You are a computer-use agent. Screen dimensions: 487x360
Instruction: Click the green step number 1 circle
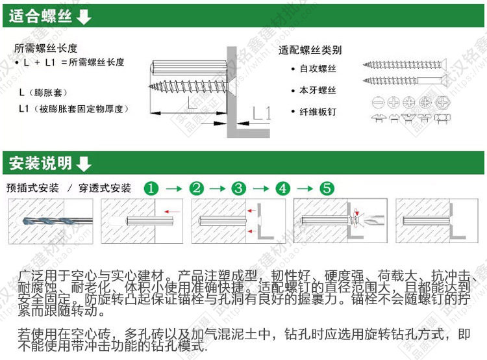click(151, 188)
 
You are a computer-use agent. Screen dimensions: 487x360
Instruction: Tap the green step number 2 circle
click(196, 188)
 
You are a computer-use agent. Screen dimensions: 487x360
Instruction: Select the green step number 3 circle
click(239, 188)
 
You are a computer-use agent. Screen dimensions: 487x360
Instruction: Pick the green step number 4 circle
click(282, 188)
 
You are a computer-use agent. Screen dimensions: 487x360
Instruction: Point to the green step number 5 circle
click(327, 188)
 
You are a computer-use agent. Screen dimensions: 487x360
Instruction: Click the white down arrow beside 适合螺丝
click(84, 16)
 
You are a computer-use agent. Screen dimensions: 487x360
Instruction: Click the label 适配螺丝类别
click(310, 50)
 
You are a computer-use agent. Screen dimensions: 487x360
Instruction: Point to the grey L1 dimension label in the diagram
click(261, 112)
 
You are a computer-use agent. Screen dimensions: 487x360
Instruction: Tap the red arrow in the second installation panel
click(171, 211)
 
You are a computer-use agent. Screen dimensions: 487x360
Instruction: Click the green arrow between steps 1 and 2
click(173, 188)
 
